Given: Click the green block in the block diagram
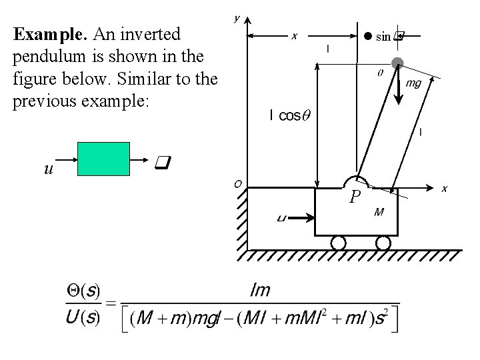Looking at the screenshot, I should pyautogui.click(x=103, y=159).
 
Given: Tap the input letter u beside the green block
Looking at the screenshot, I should pyautogui.click(x=48, y=169).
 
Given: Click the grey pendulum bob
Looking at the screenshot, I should pyautogui.click(x=397, y=64).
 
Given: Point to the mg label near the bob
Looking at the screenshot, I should pyautogui.click(x=413, y=83).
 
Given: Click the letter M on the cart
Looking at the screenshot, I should pyautogui.click(x=379, y=213).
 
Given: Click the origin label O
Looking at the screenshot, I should pyautogui.click(x=237, y=184).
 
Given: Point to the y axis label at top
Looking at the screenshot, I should pyautogui.click(x=237, y=19).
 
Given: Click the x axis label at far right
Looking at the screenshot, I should pyautogui.click(x=444, y=189).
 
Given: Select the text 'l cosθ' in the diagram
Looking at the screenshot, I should pyautogui.click(x=289, y=116).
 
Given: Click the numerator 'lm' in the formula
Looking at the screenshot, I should pyautogui.click(x=260, y=290).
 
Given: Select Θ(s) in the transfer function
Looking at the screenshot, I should pyautogui.click(x=83, y=291).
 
